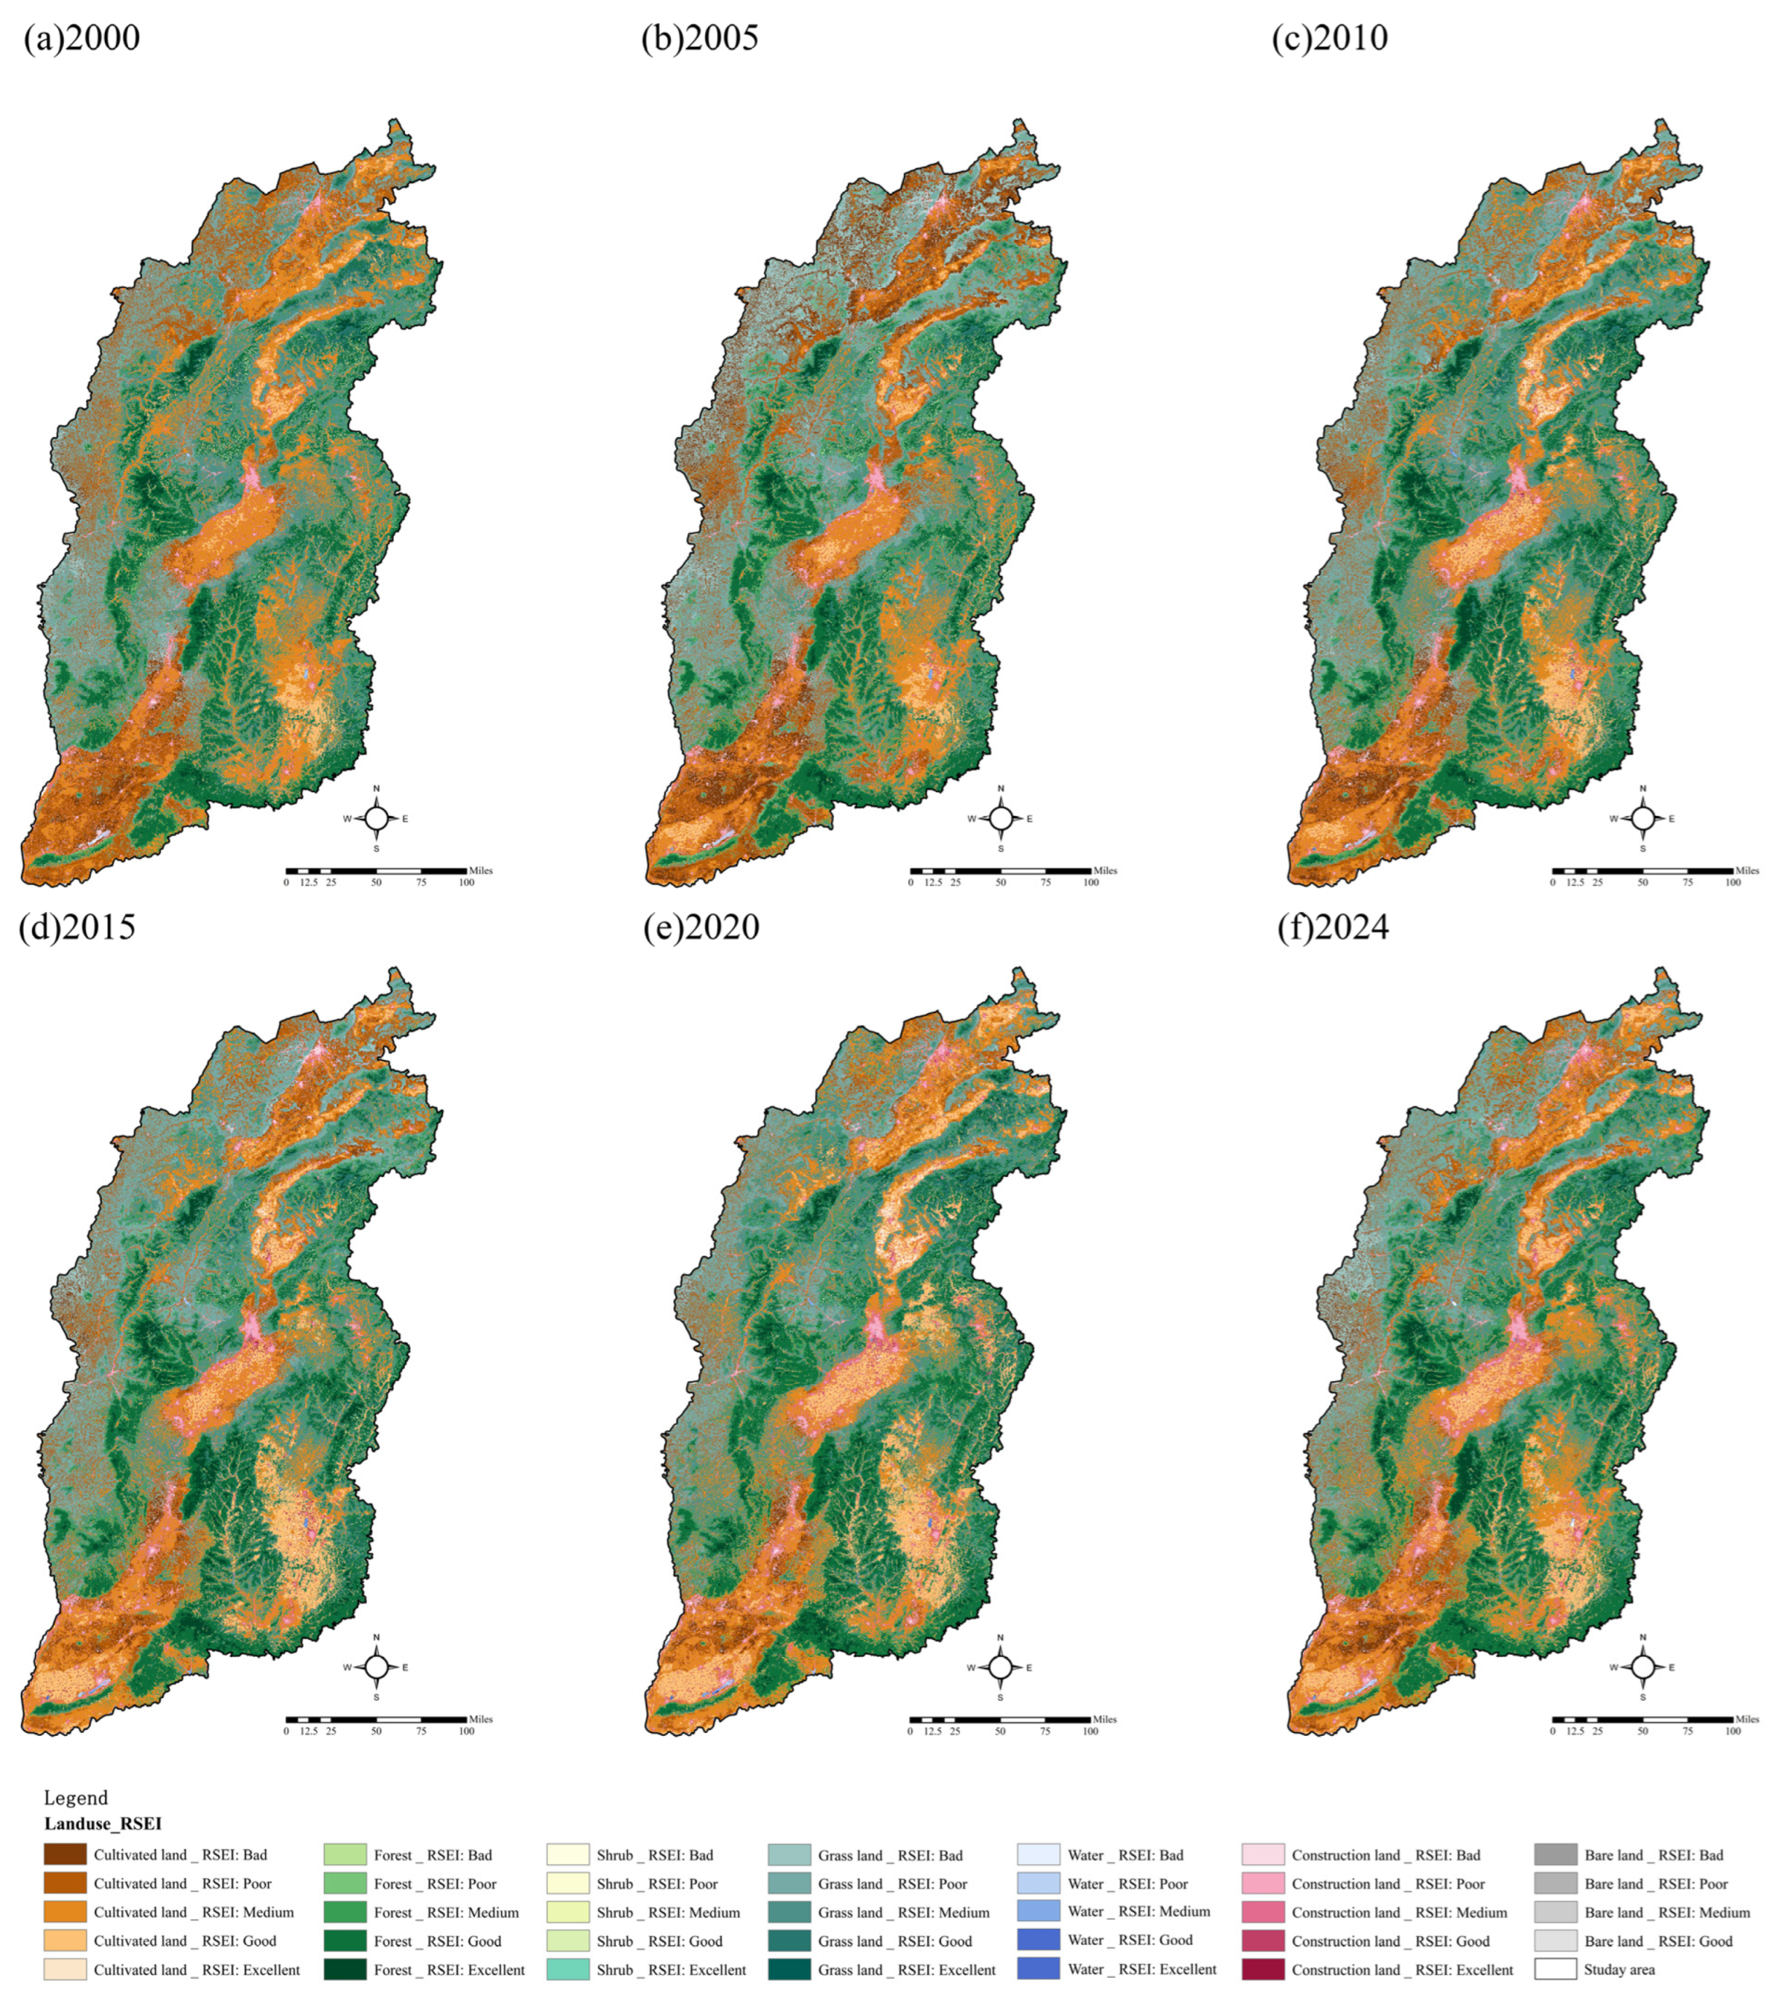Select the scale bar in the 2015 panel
[x=376, y=1719]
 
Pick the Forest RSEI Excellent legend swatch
[x=345, y=1969]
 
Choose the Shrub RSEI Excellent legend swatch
[x=568, y=1969]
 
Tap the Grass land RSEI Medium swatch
[x=789, y=1912]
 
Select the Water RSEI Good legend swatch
[x=1038, y=1941]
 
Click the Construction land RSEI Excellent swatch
[x=1262, y=1969]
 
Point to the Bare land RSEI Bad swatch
[x=1556, y=1854]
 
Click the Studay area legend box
[x=1556, y=1969]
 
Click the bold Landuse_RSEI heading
[x=102, y=1824]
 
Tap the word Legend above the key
[x=76, y=1797]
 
